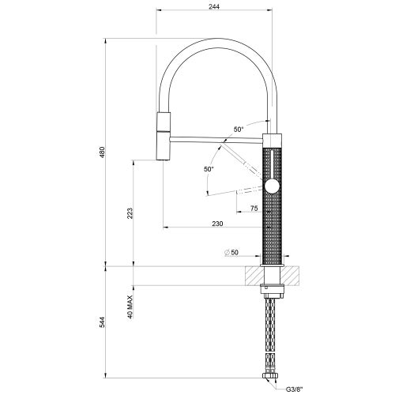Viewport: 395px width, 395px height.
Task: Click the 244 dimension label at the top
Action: click(214, 6)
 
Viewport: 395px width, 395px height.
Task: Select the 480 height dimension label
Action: click(102, 152)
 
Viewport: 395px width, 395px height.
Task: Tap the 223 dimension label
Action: click(130, 213)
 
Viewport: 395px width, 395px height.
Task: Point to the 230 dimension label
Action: click(217, 224)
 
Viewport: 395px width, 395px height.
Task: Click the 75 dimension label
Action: click(254, 209)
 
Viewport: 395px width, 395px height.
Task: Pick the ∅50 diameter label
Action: click(231, 252)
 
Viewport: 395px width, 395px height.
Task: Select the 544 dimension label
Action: click(102, 322)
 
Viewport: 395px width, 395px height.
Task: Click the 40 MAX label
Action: click(130, 307)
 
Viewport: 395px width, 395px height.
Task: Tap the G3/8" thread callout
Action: click(294, 389)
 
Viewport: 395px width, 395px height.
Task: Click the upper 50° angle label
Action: click(239, 130)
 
